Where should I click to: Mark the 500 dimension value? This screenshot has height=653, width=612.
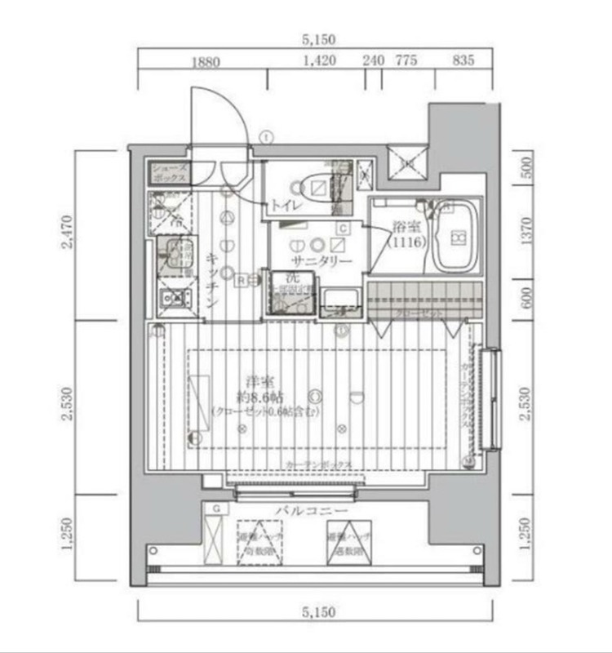point(526,169)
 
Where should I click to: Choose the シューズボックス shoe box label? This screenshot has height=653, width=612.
point(169,172)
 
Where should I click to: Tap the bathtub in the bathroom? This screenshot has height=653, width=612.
point(455,238)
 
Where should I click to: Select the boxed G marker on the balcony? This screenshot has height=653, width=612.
point(215,509)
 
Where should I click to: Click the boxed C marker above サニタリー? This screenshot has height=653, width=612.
point(344,229)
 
